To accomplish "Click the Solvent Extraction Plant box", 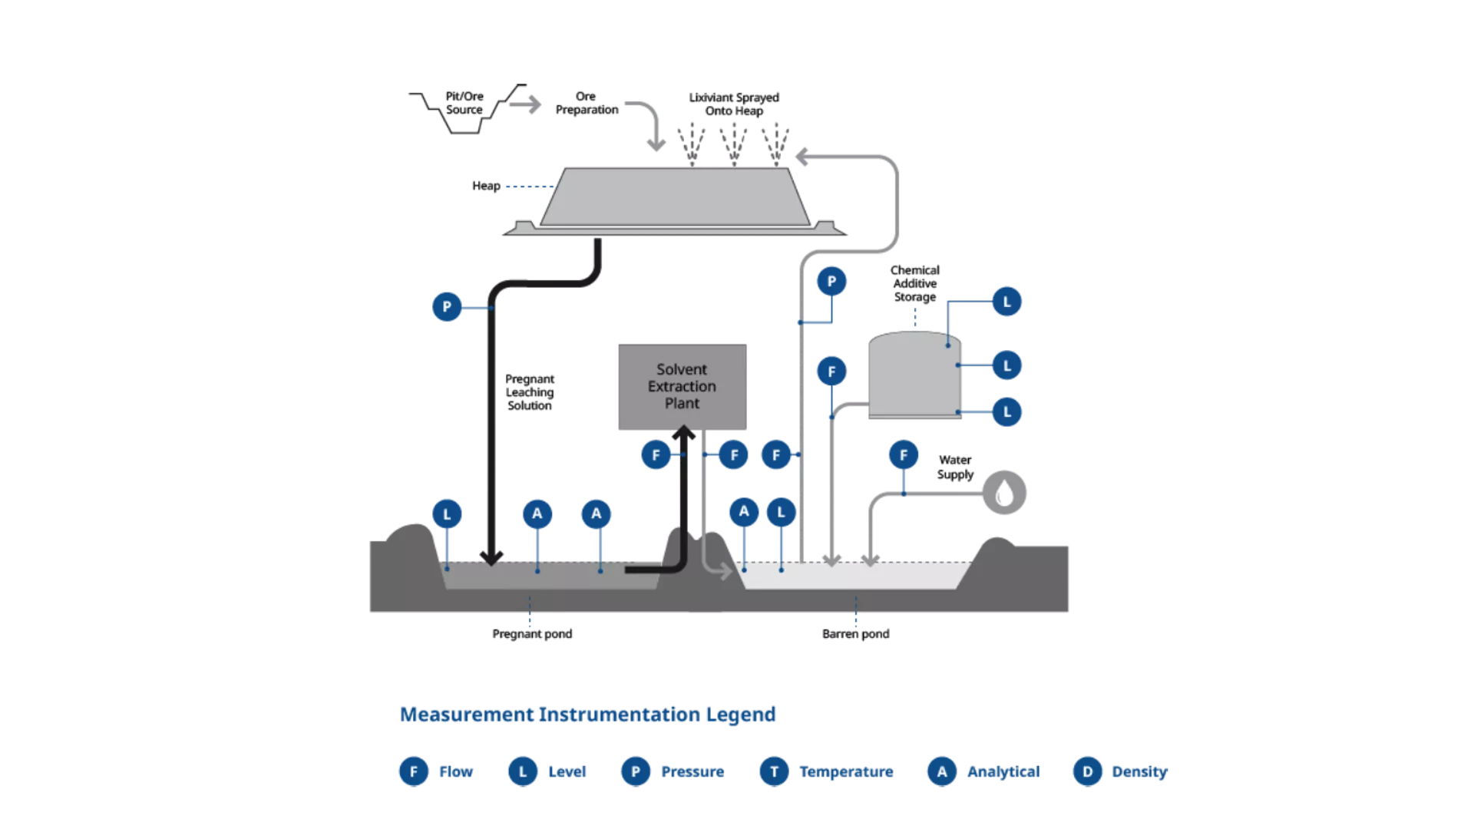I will [x=682, y=386].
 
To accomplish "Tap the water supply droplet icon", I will [x=1004, y=493].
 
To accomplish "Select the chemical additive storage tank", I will [x=914, y=376].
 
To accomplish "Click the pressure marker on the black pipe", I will [x=447, y=307].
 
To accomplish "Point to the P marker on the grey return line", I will [x=831, y=282].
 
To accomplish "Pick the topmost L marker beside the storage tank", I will [x=1006, y=302].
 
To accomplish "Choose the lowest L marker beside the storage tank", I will [x=1006, y=412].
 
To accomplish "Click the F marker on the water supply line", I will [x=904, y=455].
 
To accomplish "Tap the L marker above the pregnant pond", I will [x=447, y=514].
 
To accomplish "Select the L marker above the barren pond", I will [x=781, y=512].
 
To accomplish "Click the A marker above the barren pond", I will [x=743, y=511].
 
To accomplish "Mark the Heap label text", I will [x=486, y=187].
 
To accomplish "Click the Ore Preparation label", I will [x=587, y=104].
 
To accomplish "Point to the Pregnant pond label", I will [x=532, y=634].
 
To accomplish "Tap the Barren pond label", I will [x=855, y=634].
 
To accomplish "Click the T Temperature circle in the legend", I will [x=774, y=771].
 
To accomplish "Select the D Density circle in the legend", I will [x=1087, y=771].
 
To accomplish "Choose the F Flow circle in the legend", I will [x=414, y=771].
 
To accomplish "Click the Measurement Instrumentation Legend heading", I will [x=588, y=715].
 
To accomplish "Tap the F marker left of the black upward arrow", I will [x=656, y=455].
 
